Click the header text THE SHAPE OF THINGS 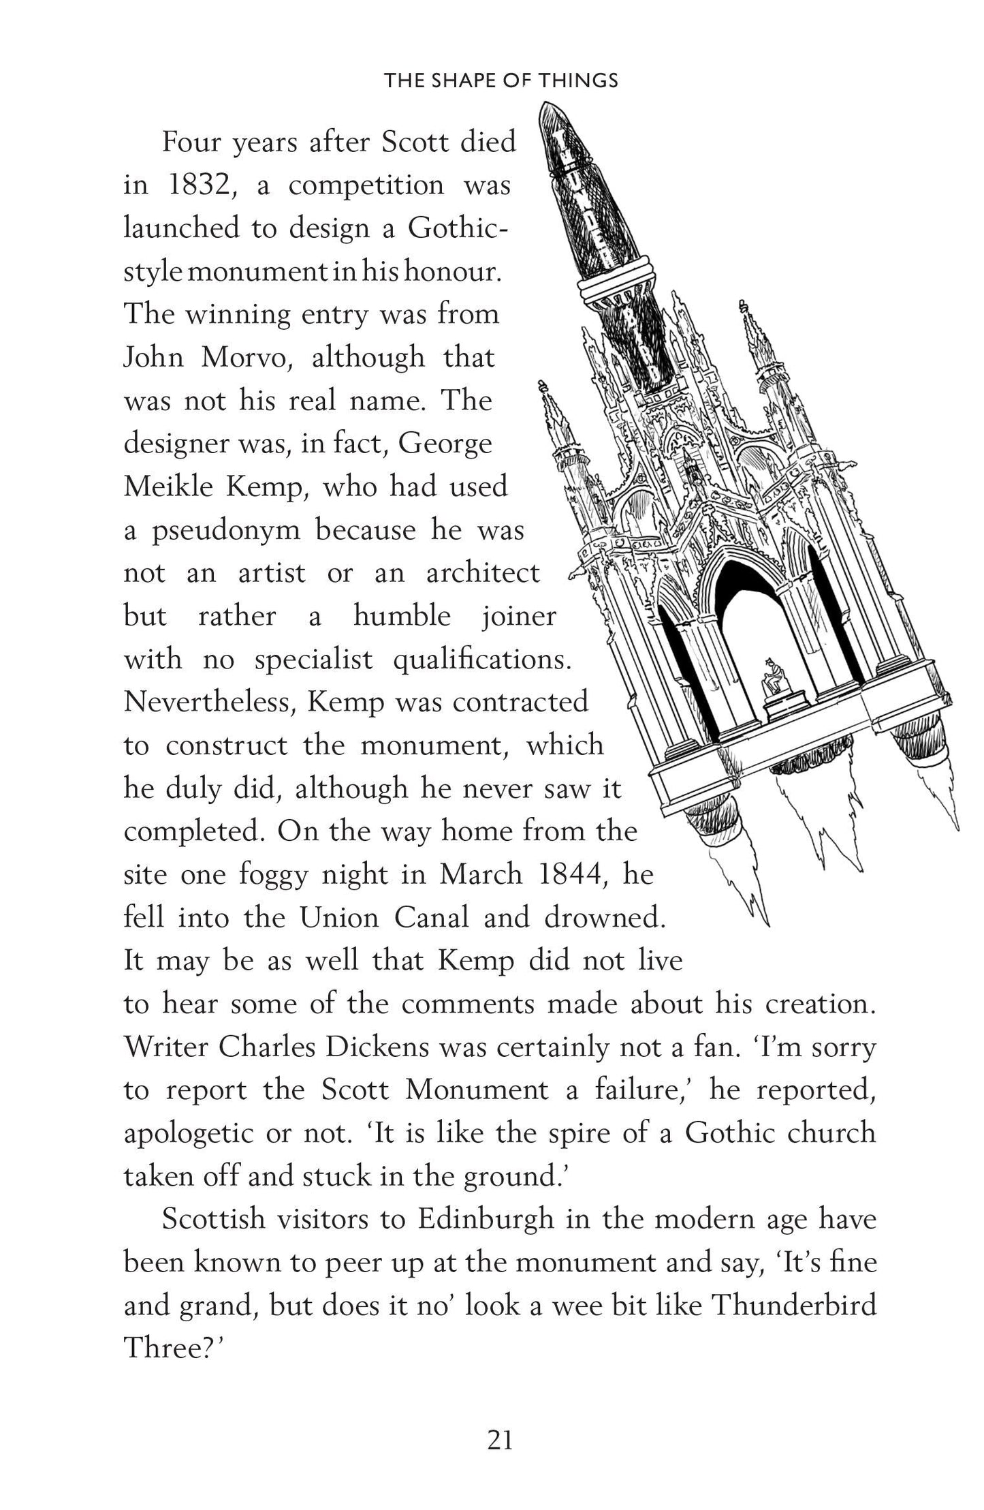pos(501,81)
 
